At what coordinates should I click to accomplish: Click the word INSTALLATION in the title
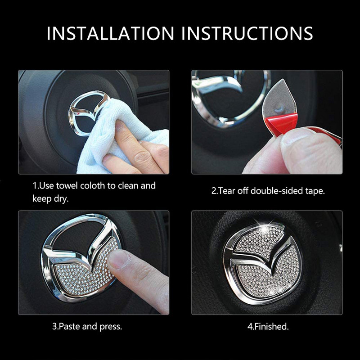[x=110, y=33]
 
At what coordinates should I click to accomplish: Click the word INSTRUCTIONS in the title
[x=247, y=33]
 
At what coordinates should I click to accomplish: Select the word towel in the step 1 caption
[x=67, y=185]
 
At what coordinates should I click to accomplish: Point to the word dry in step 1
[x=61, y=199]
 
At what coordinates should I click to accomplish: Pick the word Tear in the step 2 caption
[x=226, y=191]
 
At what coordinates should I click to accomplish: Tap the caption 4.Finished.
[x=268, y=326]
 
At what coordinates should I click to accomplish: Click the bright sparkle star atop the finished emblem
[x=264, y=229]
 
